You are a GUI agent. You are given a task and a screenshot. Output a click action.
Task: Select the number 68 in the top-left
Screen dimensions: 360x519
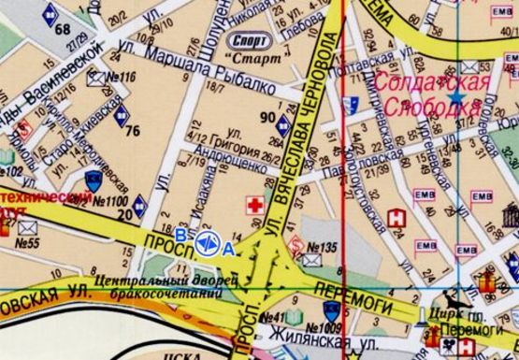(x=63, y=29)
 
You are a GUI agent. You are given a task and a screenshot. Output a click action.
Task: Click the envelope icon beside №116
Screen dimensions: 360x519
(x=95, y=79)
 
